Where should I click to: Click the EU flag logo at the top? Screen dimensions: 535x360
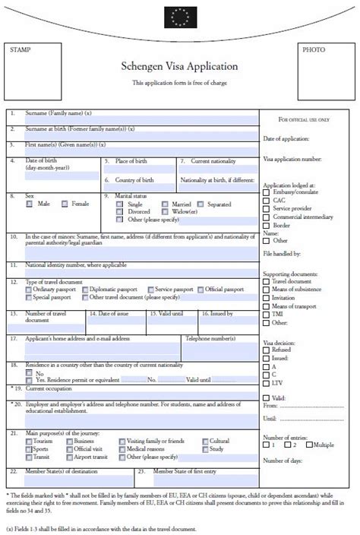click(180, 14)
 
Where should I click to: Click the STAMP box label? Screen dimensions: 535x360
click(20, 49)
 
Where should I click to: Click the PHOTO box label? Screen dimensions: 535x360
click(313, 49)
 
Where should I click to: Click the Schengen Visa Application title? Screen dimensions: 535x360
click(179, 67)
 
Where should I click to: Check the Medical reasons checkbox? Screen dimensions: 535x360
click(121, 449)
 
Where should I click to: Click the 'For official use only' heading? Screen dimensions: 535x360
click(305, 120)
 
